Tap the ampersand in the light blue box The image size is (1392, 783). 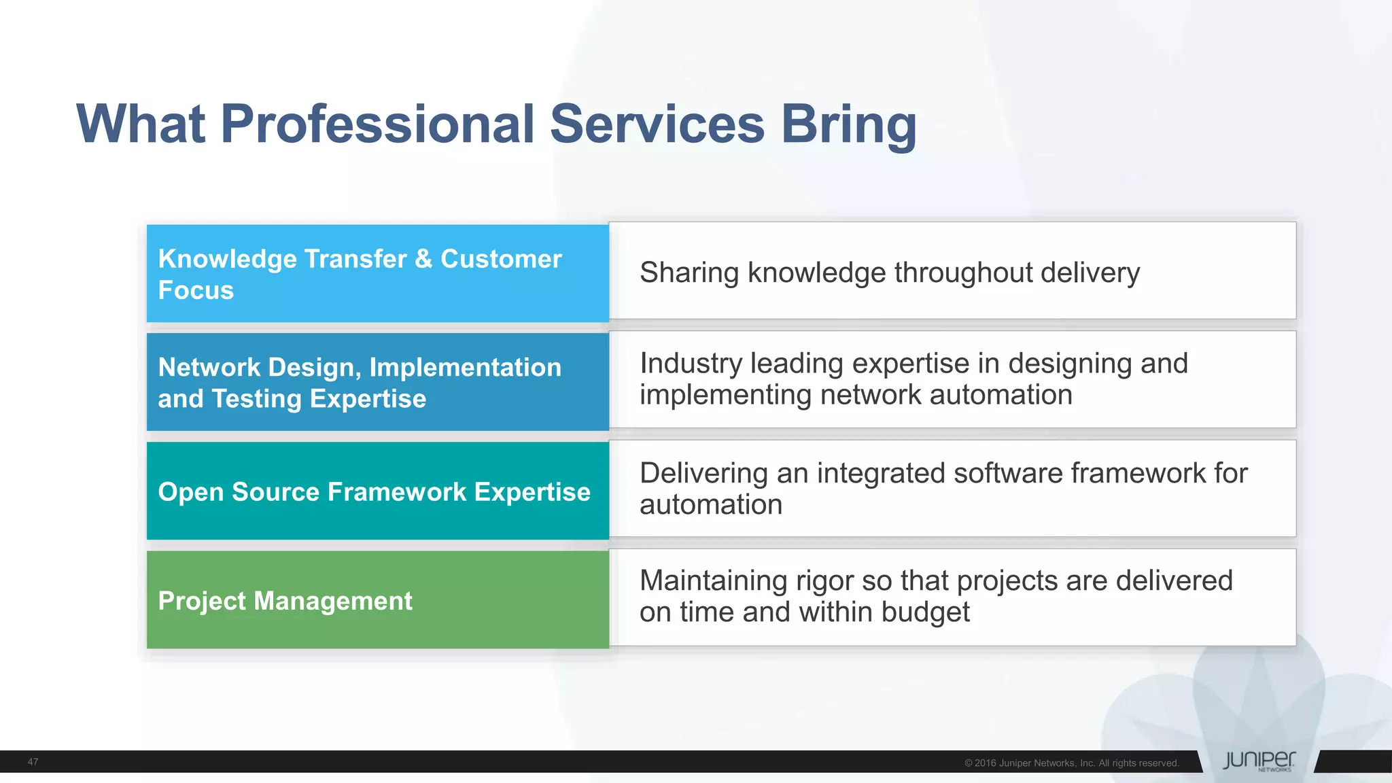click(x=423, y=259)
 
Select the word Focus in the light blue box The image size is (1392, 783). click(x=196, y=290)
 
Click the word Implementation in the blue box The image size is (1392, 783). click(x=465, y=368)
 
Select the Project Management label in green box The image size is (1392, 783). click(x=285, y=601)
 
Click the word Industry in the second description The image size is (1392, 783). click(x=691, y=364)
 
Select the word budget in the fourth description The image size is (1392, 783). click(x=925, y=612)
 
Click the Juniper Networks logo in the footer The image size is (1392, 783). click(x=1259, y=761)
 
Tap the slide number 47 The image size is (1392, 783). click(x=33, y=762)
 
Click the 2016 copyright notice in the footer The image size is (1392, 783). click(x=1071, y=763)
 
